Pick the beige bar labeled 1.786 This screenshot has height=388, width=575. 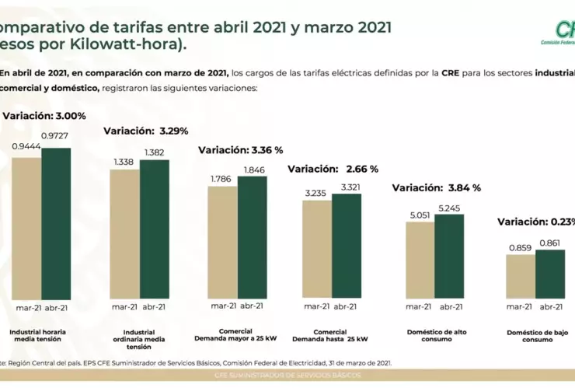pyautogui.click(x=222, y=242)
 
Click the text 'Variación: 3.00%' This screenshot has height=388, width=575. pyautogui.click(x=44, y=116)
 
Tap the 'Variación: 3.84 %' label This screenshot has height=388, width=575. pyautogui.click(x=436, y=187)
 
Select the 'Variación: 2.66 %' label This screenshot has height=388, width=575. pyautogui.click(x=333, y=169)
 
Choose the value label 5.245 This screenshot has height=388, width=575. pyautogui.click(x=449, y=207)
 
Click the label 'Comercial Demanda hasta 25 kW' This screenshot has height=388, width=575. pyautogui.click(x=330, y=336)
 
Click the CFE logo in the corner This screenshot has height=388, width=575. pyautogui.click(x=558, y=33)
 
